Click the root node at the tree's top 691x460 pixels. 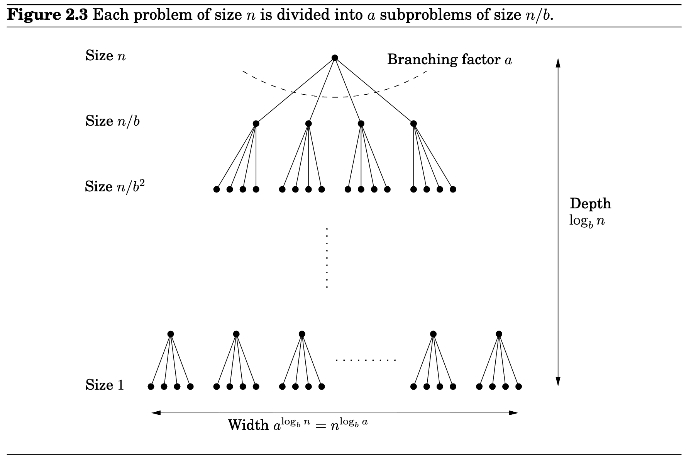point(335,58)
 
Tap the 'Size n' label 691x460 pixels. point(105,56)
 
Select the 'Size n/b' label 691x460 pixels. point(112,121)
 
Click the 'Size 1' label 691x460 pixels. point(105,385)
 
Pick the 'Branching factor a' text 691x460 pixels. point(450,60)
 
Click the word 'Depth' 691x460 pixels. point(590,204)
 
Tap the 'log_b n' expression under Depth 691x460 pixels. point(587,221)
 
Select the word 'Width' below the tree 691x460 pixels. point(248,425)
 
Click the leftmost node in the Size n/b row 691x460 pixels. point(256,124)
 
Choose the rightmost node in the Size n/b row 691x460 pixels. point(414,124)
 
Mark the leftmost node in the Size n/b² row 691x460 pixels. point(216,189)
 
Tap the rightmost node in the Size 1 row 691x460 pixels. point(519,387)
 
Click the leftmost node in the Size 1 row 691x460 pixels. point(151,387)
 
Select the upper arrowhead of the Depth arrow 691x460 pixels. point(557,63)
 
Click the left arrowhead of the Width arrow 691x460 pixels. point(156,413)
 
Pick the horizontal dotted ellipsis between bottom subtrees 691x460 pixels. point(366,361)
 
